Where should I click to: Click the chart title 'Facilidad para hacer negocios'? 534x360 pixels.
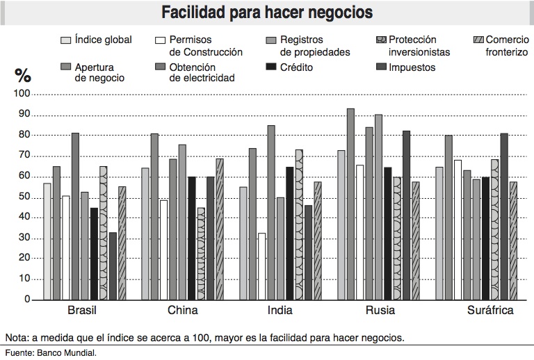coord(267,13)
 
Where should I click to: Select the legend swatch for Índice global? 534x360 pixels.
coord(66,40)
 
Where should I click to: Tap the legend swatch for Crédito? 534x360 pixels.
coord(270,67)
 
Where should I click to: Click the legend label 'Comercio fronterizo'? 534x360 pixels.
coord(506,46)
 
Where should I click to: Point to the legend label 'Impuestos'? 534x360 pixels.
coord(412,67)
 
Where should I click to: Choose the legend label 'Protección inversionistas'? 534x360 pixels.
coord(419,46)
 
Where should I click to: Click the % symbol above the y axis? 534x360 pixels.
coord(23,75)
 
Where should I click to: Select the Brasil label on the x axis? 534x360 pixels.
coord(82,311)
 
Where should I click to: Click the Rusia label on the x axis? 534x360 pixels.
coord(380,311)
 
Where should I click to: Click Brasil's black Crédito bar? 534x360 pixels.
coord(94,254)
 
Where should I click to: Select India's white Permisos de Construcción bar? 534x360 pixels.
coord(262,266)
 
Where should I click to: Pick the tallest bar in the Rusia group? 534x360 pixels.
coord(350,204)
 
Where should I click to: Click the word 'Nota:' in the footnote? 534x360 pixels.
coord(17,338)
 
